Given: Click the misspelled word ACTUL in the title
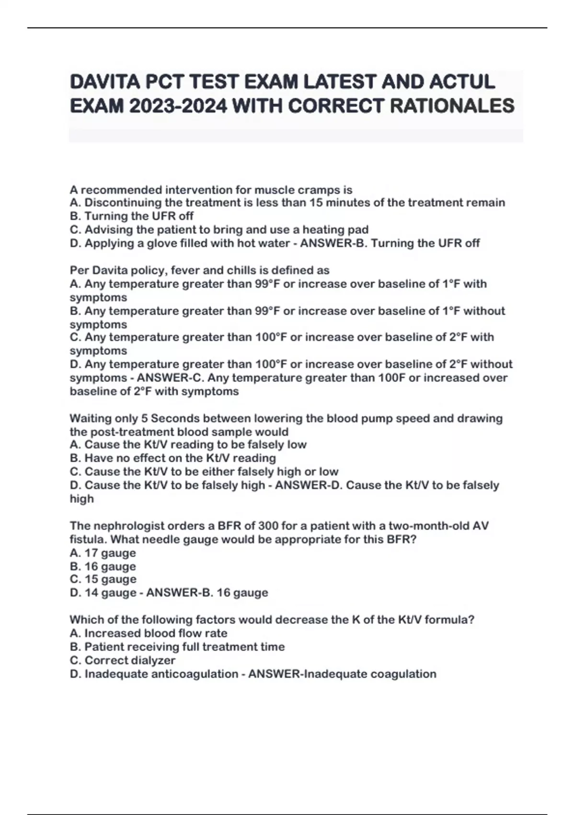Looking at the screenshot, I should [462, 82].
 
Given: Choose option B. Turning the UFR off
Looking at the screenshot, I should [132, 216].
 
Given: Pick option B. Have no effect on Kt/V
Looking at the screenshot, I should [173, 458].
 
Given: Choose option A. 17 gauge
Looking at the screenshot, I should [103, 553].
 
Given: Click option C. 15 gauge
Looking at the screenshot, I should [103, 579].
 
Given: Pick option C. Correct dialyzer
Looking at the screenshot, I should [123, 660].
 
